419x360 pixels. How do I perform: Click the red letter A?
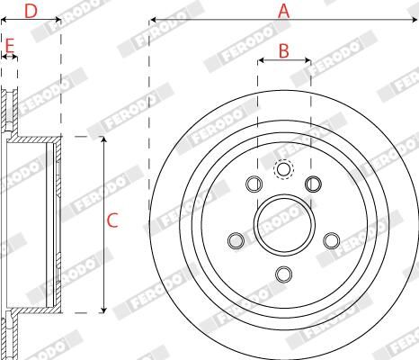pos(284,11)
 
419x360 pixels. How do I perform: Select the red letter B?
pos(283,51)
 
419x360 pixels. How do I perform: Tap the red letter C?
pos(113,220)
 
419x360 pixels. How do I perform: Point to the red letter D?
pos(31,11)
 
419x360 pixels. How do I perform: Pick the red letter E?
pos(10,44)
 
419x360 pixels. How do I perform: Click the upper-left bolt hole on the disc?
pos(253,184)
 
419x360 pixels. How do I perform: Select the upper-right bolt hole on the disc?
pos(313,184)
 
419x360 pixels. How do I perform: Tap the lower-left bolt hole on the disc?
pos(236,240)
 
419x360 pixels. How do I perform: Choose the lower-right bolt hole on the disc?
pos(331,240)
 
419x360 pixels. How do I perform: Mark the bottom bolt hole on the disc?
pos(283,274)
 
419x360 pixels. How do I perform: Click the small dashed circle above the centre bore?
pos(283,168)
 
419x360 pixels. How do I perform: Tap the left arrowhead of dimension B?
pos(259,61)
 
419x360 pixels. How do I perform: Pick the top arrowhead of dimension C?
pos(103,139)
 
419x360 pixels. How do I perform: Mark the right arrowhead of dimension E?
pos(16,57)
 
